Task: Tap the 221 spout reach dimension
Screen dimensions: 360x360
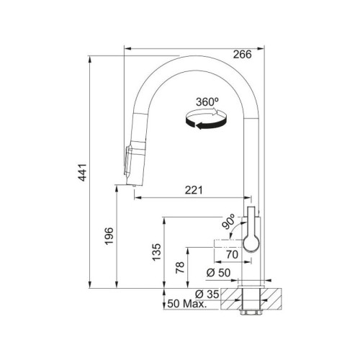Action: pyautogui.click(x=192, y=189)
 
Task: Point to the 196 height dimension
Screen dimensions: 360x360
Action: pyautogui.click(x=109, y=235)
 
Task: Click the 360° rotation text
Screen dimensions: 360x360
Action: pyautogui.click(x=207, y=103)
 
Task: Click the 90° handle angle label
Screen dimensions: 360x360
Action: pyautogui.click(x=229, y=225)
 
